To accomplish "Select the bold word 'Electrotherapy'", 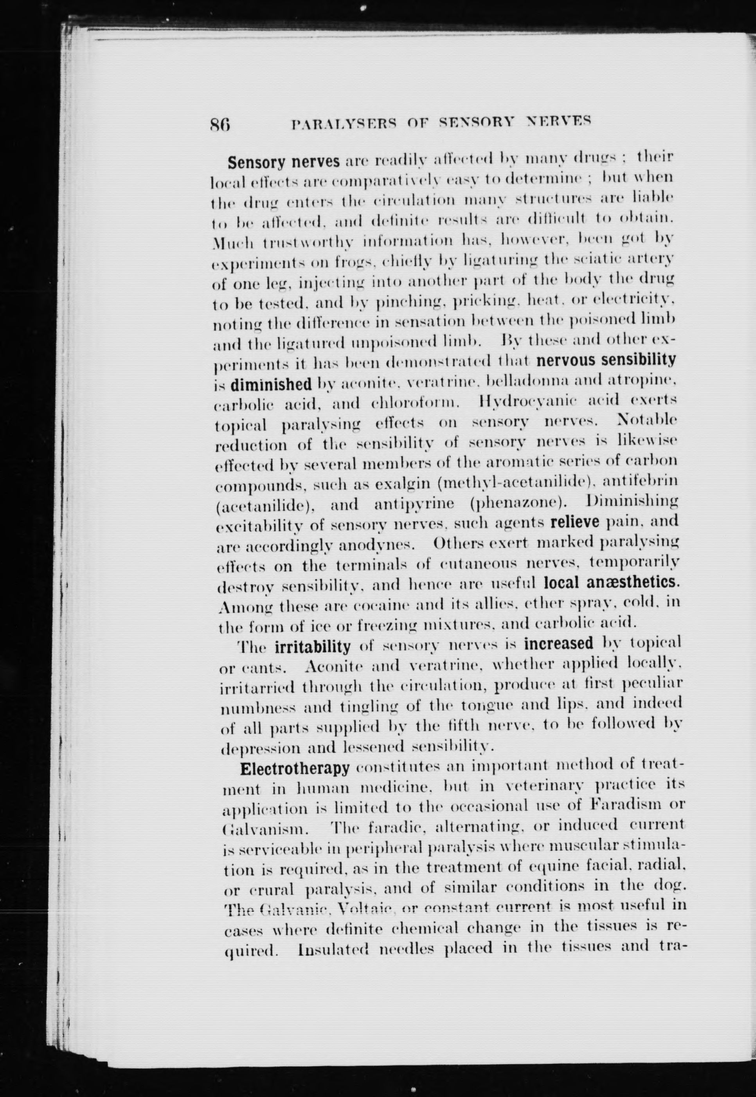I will (x=295, y=768).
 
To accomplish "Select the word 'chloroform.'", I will (x=415, y=403).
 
